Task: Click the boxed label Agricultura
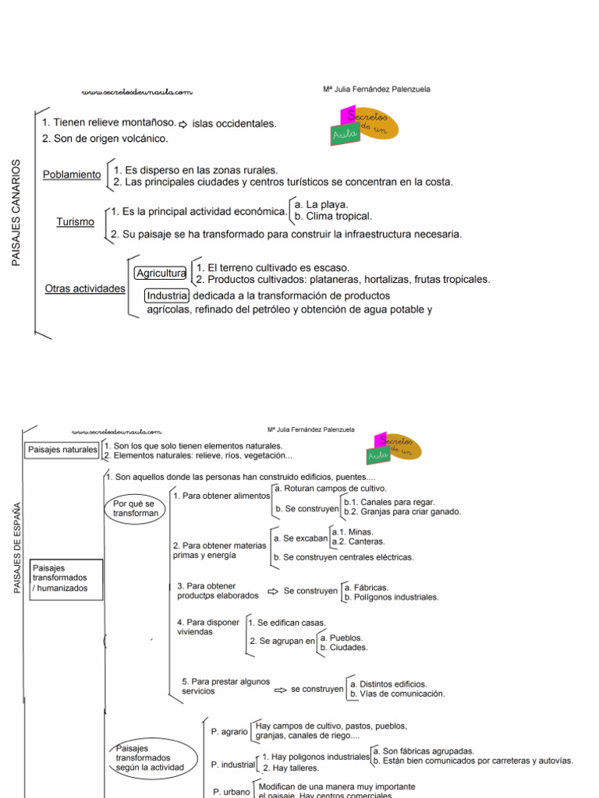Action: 161,273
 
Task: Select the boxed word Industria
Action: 167,296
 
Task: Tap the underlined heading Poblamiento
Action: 72,175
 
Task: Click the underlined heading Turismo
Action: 76,222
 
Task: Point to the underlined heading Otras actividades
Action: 85,289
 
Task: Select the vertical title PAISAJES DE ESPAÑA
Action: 18,548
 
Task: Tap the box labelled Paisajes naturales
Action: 62,450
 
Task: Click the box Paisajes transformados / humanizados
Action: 66,578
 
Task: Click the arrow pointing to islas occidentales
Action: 183,124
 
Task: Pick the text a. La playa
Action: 321,204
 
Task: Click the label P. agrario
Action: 229,732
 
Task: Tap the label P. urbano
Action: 232,791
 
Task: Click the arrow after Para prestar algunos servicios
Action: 281,690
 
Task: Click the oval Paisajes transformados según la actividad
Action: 149,757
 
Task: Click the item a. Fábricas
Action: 366,588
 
